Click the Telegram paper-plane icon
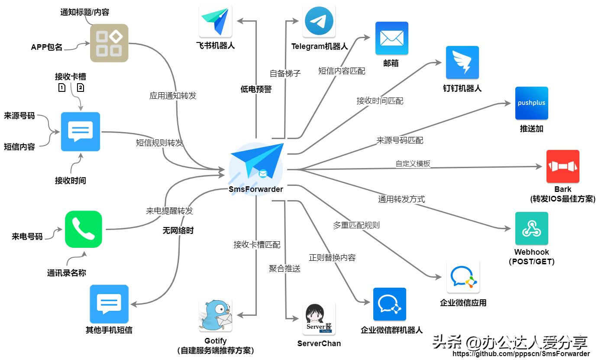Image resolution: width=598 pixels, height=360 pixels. (x=319, y=21)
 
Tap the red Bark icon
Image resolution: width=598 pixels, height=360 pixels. (x=562, y=166)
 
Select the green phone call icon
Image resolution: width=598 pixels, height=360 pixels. (x=84, y=229)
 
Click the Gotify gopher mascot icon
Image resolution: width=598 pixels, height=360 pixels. (x=215, y=315)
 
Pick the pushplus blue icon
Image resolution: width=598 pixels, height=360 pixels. (x=531, y=103)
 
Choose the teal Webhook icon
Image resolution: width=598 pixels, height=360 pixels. (x=531, y=228)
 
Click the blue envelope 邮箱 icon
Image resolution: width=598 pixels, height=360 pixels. (x=391, y=38)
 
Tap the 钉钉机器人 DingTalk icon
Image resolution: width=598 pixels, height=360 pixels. (x=462, y=62)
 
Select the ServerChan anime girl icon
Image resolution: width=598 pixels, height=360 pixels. (x=319, y=319)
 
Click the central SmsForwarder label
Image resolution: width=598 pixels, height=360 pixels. (x=256, y=189)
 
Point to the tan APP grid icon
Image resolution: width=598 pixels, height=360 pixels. (x=109, y=43)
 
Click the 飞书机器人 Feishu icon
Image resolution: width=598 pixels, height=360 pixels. (x=215, y=21)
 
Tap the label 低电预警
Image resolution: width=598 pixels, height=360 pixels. (x=256, y=89)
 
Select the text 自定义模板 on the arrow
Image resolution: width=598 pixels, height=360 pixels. (x=413, y=164)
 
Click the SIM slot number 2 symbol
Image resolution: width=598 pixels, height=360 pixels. (x=81, y=88)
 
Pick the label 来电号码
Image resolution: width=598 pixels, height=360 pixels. (x=27, y=237)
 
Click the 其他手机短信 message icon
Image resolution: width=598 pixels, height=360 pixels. (x=109, y=302)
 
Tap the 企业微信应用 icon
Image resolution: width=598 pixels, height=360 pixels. (x=463, y=277)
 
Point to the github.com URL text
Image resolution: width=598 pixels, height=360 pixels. (x=521, y=354)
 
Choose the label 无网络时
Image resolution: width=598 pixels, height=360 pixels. (x=178, y=230)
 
